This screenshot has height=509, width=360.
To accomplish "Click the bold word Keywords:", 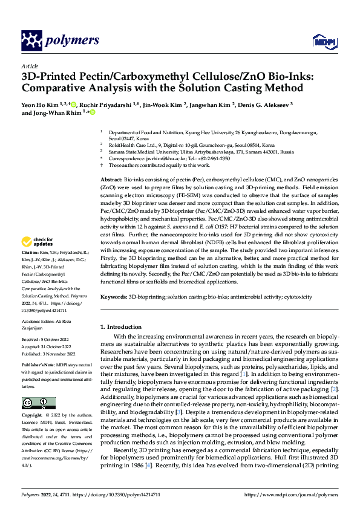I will click(114, 297).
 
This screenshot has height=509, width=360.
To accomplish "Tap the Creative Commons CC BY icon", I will click(38, 403).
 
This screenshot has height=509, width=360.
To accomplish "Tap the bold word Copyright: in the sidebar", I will click(33, 417).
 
